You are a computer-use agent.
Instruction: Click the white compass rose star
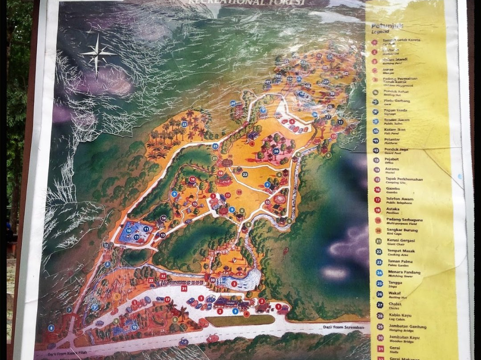tap(98, 54)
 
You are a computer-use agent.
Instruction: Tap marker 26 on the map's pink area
tap(276, 151)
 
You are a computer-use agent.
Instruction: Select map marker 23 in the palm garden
tap(184, 124)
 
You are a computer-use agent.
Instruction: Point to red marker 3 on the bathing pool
tap(234, 283)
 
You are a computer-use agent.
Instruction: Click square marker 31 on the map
tap(184, 288)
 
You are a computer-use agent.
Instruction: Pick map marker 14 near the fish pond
tap(163, 218)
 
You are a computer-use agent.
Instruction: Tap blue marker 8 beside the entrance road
tap(51, 328)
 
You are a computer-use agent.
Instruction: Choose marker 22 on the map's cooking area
tap(245, 174)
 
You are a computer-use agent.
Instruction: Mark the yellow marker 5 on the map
tap(117, 296)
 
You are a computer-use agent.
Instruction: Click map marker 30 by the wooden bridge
tap(213, 280)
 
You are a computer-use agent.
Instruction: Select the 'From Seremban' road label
tap(345, 327)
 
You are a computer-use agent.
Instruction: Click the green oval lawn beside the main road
tap(240, 320)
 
